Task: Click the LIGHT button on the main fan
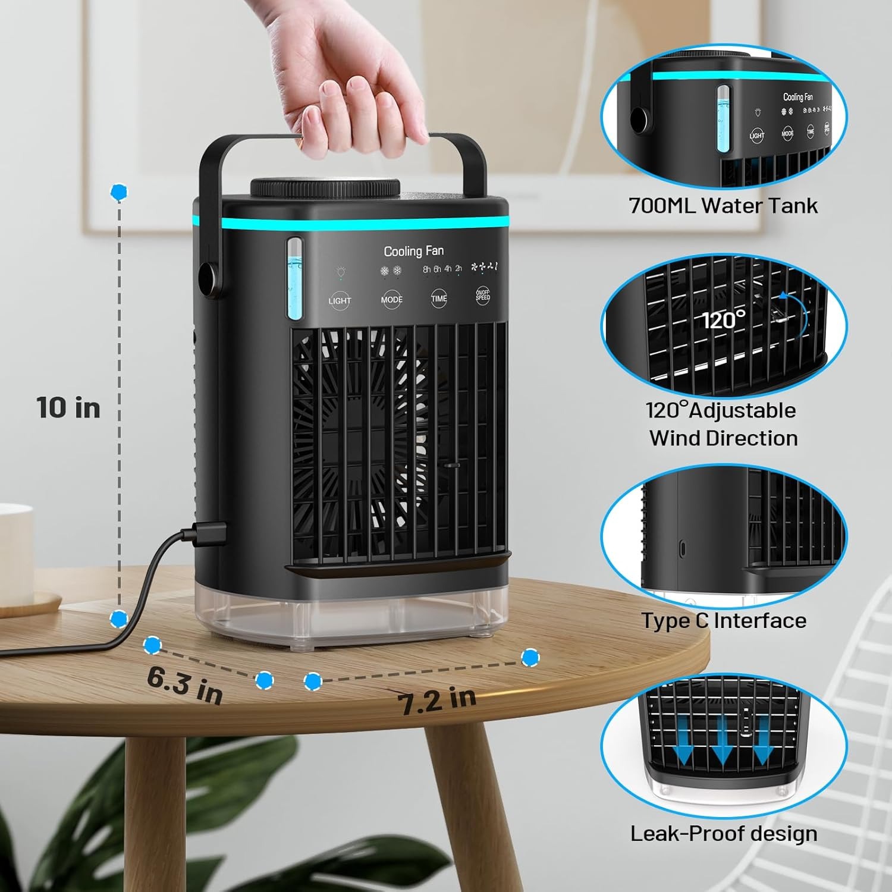click(x=340, y=300)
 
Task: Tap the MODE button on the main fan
click(x=391, y=299)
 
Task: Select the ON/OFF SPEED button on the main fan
click(x=482, y=296)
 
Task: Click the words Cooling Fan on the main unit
click(x=413, y=251)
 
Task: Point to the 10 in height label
click(x=68, y=408)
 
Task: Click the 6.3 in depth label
click(x=184, y=684)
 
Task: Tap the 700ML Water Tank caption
click(x=723, y=206)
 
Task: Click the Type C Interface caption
click(x=724, y=620)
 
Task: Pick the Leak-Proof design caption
click(x=724, y=833)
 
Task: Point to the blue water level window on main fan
click(x=294, y=279)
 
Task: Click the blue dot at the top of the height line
click(x=119, y=192)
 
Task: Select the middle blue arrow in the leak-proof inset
click(x=722, y=748)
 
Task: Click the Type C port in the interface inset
click(x=682, y=546)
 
